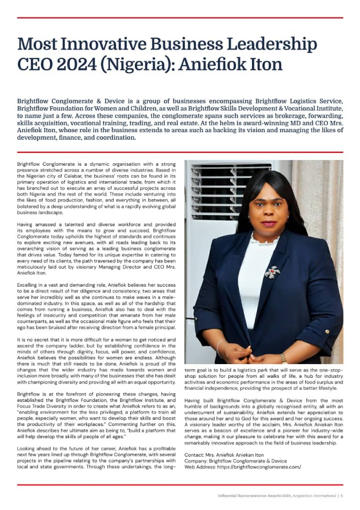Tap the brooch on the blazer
click(272, 272)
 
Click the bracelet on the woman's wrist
click(219, 348)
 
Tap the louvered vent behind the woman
click(222, 189)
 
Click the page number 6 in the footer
click(342, 495)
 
